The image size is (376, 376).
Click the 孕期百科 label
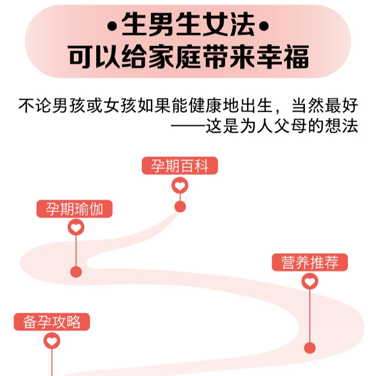[180, 166]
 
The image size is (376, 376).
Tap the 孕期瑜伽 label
[74, 209]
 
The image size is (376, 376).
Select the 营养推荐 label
[310, 262]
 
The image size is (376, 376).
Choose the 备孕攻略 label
[52, 321]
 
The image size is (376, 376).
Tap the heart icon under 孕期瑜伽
[76, 229]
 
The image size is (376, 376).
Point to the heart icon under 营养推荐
[310, 282]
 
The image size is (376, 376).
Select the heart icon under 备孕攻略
[52, 341]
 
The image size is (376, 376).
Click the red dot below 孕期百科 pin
[180, 206]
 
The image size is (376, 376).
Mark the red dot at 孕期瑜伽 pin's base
[76, 272]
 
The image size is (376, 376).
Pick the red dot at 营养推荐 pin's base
[310, 347]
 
